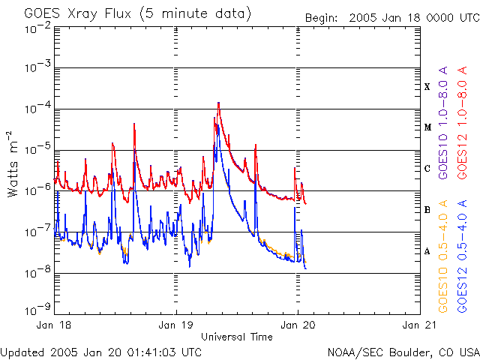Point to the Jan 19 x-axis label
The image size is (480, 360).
point(176,325)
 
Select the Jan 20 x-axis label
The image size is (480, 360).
point(298,325)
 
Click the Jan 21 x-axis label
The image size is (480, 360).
point(418,325)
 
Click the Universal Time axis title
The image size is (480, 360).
point(237,337)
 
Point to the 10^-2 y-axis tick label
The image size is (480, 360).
point(37,28)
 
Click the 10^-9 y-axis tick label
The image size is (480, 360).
point(37,308)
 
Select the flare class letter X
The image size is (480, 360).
point(427,87)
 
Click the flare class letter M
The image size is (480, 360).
point(427,127)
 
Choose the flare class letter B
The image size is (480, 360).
point(427,210)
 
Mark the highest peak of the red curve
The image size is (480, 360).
point(218,103)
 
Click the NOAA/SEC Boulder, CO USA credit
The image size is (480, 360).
point(403,352)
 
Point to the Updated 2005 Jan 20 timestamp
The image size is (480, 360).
point(101,352)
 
